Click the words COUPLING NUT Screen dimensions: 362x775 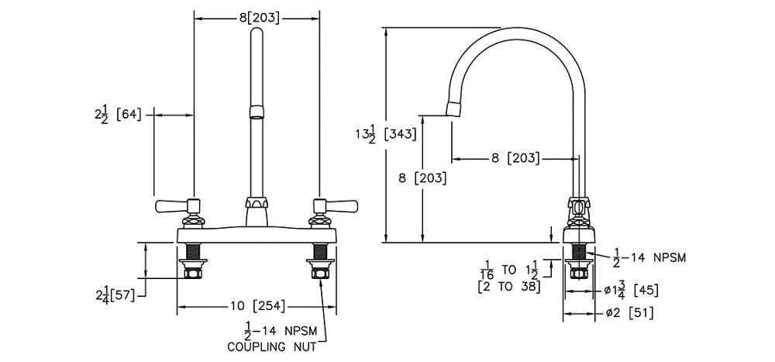271,346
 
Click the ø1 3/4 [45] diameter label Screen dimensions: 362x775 632,291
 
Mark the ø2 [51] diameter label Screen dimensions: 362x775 629,313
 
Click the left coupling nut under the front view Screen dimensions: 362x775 192,271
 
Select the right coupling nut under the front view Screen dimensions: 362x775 319,271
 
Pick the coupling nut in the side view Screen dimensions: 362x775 577,271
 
